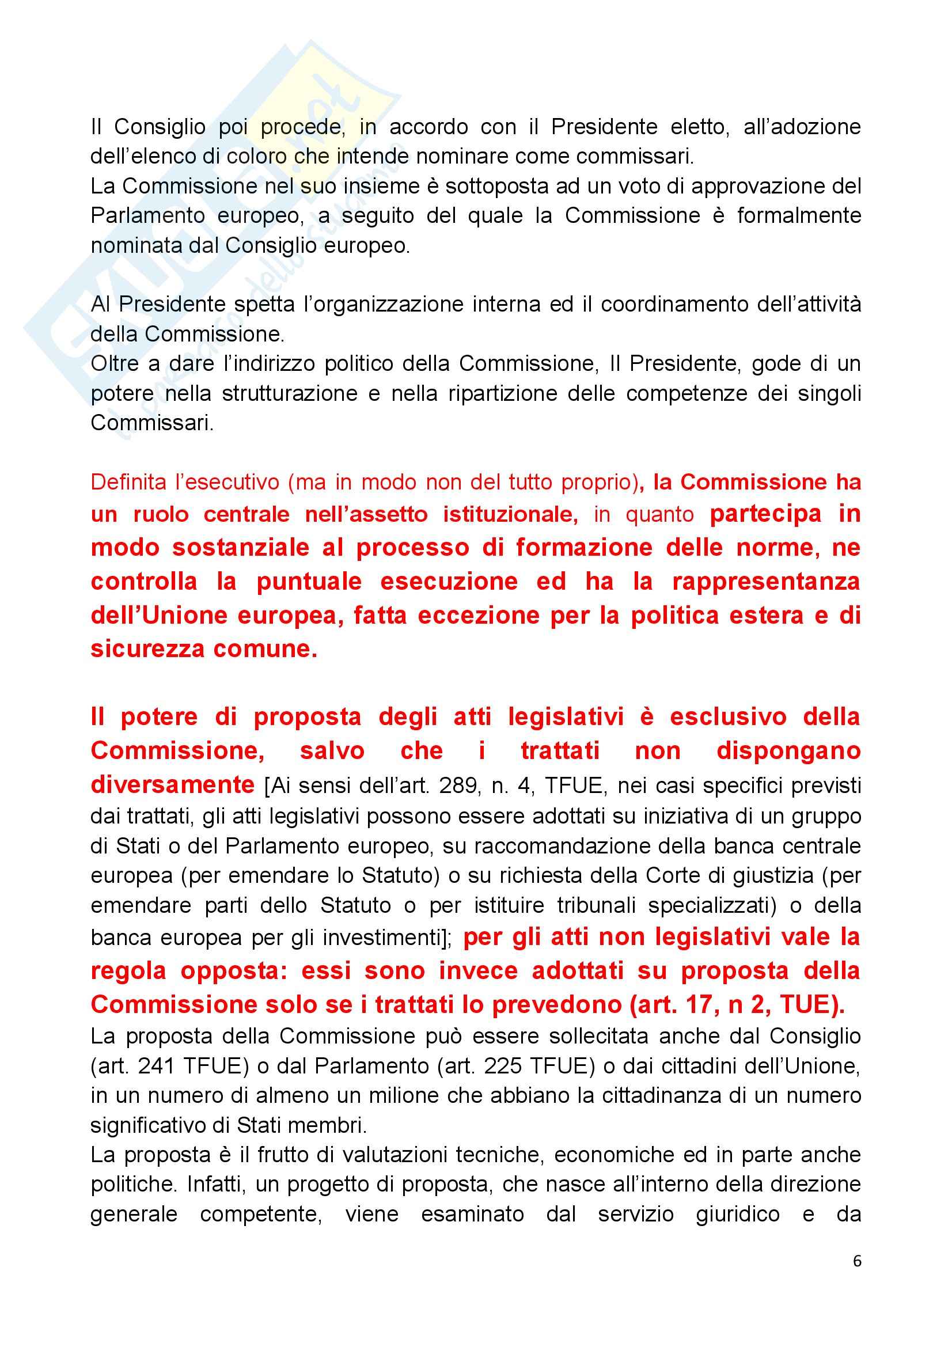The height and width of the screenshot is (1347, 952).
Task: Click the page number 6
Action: [x=857, y=1261]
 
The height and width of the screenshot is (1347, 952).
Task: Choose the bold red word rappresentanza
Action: [x=766, y=582]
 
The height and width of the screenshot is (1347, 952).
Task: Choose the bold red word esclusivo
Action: [x=728, y=717]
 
